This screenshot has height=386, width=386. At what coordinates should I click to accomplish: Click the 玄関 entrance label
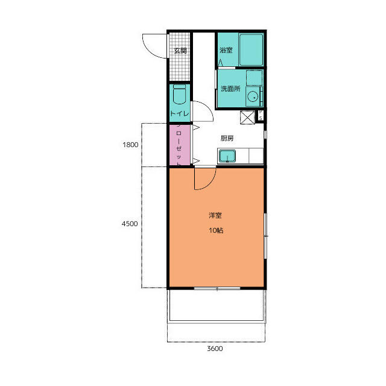tap(180, 51)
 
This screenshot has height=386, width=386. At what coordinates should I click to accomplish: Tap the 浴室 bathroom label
tap(226, 50)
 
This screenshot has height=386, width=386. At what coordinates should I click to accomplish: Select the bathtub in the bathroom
tap(252, 50)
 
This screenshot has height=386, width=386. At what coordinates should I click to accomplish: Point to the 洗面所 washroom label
tap(230, 89)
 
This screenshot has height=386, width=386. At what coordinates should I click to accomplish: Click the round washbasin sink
tap(253, 97)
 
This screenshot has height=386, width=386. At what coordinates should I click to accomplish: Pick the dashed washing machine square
tap(255, 78)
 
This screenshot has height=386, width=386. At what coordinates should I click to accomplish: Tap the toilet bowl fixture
tap(180, 95)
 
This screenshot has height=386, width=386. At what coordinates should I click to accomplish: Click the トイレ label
tap(180, 113)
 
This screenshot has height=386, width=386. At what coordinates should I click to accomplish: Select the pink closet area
tap(180, 145)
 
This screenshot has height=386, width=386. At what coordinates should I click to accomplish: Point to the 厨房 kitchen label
tap(227, 138)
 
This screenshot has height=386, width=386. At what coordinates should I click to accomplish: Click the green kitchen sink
tap(227, 156)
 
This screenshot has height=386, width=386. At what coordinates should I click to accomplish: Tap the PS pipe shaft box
tap(261, 115)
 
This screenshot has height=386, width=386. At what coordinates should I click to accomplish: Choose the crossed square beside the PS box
tap(247, 118)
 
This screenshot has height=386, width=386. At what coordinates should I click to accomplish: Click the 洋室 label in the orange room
tap(215, 216)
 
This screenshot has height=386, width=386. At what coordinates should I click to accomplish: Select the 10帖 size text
tap(216, 230)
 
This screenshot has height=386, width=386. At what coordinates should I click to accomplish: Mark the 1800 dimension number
tap(130, 145)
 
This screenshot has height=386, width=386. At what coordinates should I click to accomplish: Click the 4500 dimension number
tap(130, 224)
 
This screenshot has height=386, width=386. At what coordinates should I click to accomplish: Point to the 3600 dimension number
tap(215, 349)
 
